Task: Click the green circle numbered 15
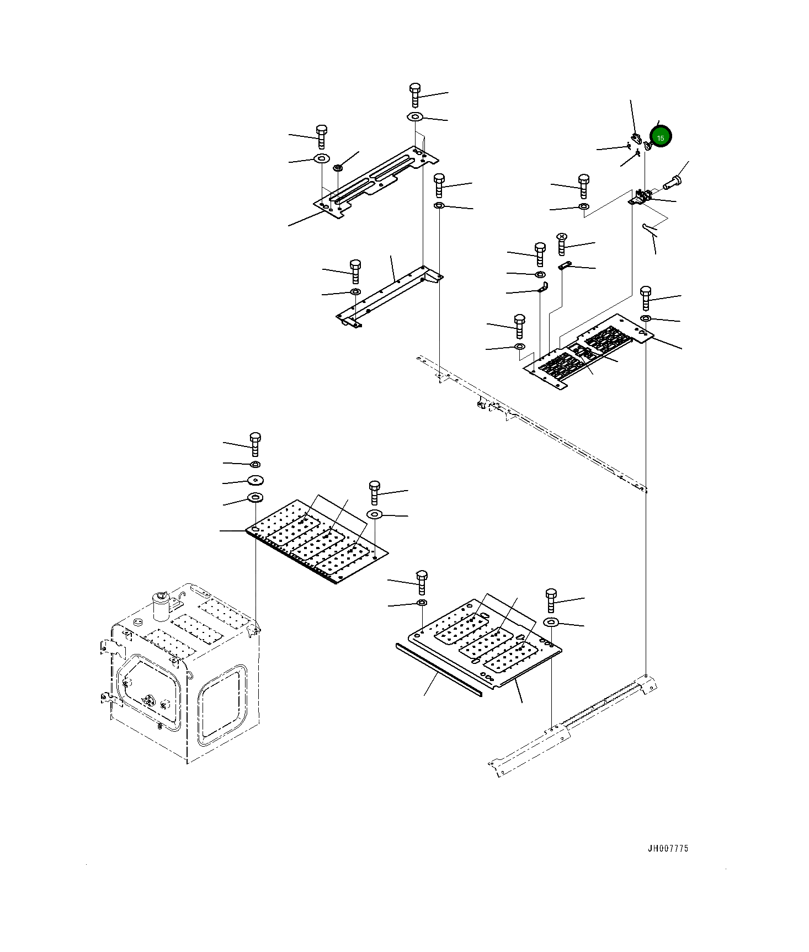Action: [660, 137]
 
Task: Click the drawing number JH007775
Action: [668, 849]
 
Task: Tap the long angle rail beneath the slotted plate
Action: [389, 295]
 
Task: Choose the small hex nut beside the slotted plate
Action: [338, 166]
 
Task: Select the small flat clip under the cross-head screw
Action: [563, 266]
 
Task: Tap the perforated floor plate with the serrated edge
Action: [317, 541]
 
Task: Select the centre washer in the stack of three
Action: [255, 480]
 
